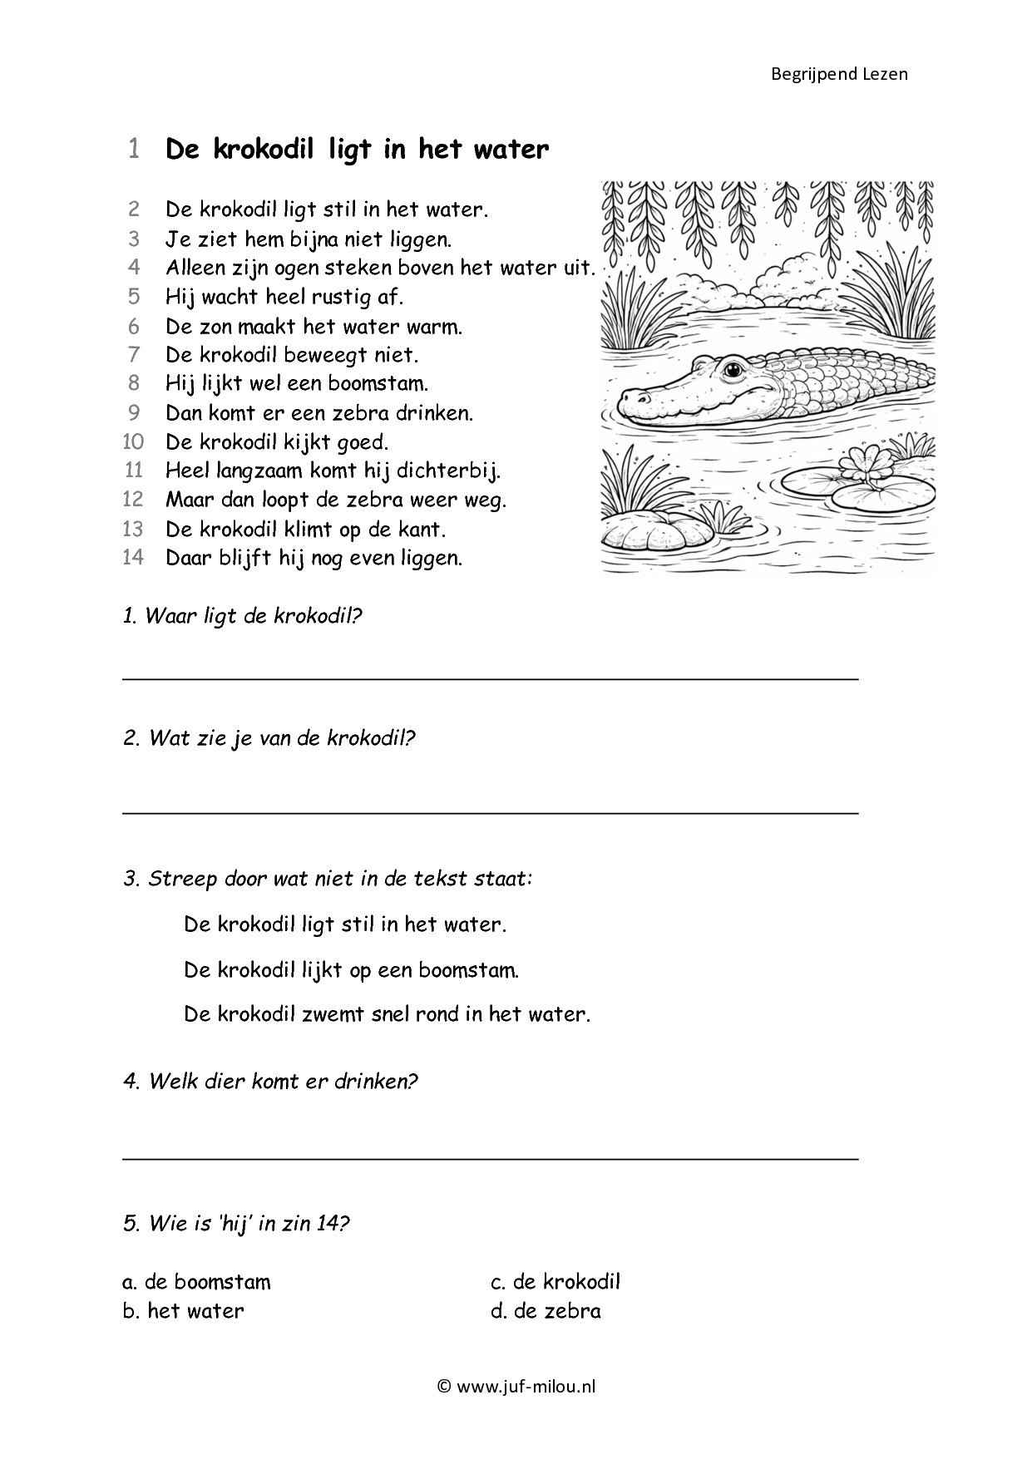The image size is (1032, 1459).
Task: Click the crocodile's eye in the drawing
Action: [x=733, y=368]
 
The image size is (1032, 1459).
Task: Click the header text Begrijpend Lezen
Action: [x=839, y=74]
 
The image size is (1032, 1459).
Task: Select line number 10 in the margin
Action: [x=133, y=441]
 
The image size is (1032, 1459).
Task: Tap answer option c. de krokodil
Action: [x=556, y=1281]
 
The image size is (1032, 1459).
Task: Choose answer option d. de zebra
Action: [x=546, y=1311]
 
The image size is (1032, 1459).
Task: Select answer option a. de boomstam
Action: [x=196, y=1281]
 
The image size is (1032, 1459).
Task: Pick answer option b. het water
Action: [x=183, y=1311]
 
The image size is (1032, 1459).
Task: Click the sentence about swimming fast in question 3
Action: [x=387, y=1014]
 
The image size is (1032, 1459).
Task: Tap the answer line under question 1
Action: [x=491, y=678]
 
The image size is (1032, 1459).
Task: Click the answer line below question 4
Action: [x=491, y=1157]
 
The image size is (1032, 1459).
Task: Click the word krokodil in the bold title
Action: [x=266, y=150]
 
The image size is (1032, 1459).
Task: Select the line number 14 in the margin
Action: [x=133, y=557]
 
